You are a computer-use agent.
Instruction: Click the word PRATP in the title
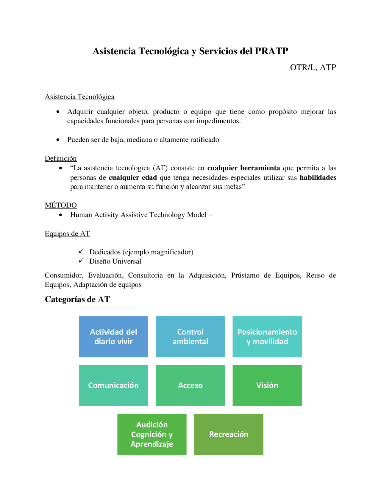271,51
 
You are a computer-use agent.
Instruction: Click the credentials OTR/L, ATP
313,67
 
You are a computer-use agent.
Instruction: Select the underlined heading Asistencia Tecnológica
79,97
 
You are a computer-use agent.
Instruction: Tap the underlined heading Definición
61,158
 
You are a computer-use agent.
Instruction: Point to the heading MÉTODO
61,205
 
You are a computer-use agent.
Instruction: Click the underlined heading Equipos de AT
67,234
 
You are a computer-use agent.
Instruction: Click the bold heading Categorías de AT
77,299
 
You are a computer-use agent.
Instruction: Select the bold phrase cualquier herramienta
243,168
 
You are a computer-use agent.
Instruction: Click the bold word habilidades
318,178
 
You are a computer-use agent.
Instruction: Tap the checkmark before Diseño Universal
81,261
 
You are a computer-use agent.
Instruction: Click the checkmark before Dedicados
81,251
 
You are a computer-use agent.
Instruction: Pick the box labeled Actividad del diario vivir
113,337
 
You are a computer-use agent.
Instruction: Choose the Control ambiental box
190,337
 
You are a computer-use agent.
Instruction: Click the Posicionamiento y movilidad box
267,337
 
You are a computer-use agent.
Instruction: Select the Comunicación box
113,385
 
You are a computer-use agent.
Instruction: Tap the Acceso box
190,385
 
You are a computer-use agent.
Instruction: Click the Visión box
267,385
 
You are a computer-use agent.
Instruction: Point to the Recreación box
229,434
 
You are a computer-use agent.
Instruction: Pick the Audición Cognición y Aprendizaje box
152,434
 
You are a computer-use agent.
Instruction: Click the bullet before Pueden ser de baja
58,140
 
